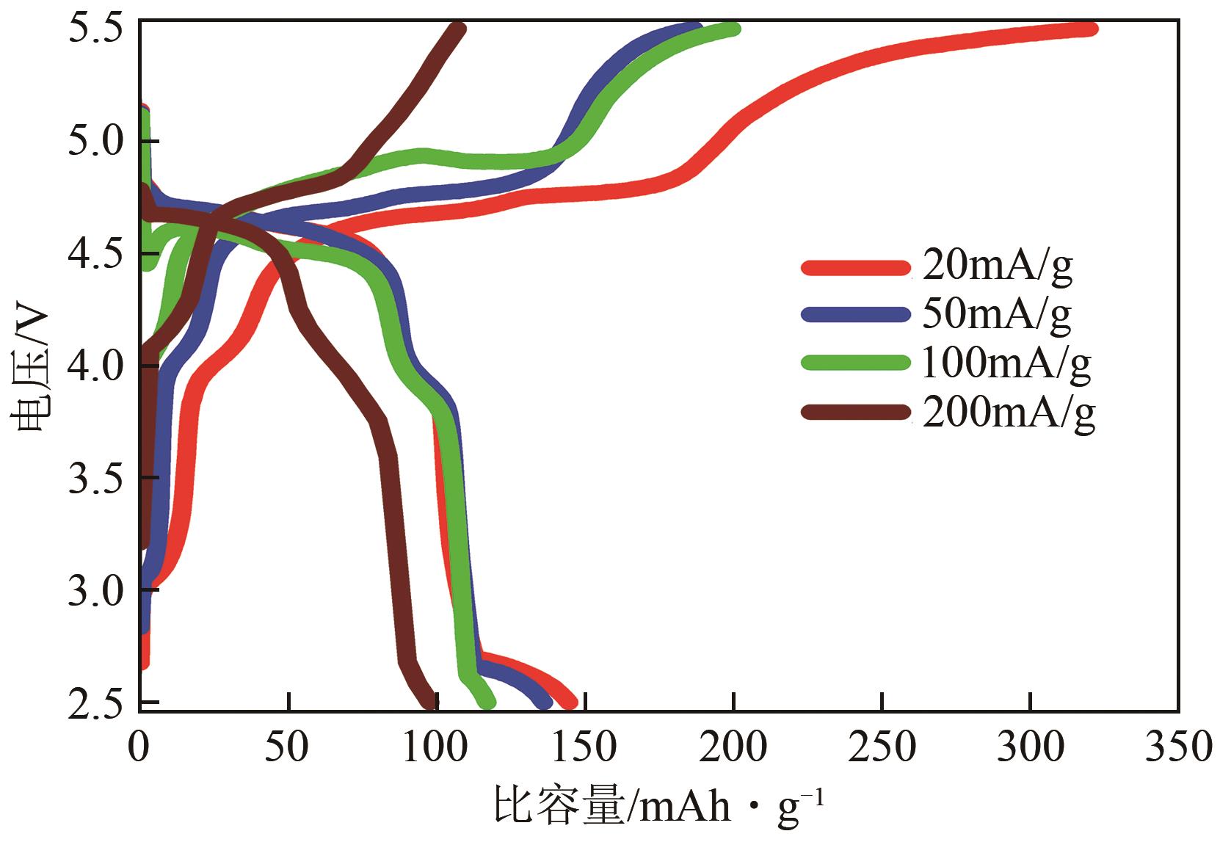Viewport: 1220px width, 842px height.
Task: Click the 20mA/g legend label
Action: click(996, 267)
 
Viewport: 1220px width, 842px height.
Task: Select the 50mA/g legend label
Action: click(996, 315)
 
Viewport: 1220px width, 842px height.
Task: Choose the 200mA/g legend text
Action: click(1008, 413)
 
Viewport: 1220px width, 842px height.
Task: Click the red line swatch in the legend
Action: click(855, 268)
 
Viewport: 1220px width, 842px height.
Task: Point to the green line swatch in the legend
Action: click(855, 363)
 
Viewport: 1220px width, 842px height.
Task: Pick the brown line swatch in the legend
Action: click(855, 413)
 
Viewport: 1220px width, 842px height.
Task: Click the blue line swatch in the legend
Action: click(855, 315)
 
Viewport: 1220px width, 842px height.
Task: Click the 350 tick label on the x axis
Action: click(1177, 748)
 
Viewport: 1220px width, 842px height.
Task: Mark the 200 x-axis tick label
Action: click(733, 748)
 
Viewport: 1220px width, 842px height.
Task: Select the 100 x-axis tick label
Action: click(437, 748)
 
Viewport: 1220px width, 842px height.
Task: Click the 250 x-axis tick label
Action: click(882, 748)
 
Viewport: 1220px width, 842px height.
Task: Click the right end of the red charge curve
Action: click(1092, 29)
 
